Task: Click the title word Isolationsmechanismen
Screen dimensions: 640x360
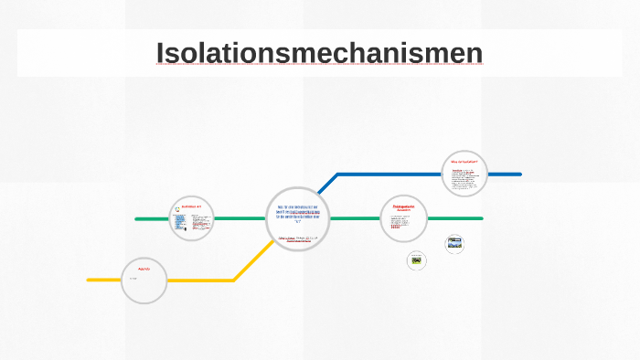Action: (x=319, y=54)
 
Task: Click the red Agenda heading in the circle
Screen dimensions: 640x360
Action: (x=143, y=270)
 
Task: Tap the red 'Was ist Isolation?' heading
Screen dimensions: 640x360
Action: (x=464, y=162)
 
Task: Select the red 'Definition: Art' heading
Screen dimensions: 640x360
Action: (x=191, y=206)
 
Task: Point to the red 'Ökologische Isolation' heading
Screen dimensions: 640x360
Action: (x=403, y=208)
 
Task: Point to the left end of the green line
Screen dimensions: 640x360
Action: (x=137, y=219)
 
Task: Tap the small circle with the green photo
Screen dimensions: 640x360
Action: (x=417, y=261)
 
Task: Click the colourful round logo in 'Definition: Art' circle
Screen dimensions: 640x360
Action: (x=176, y=209)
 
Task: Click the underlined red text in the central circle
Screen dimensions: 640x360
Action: (x=298, y=241)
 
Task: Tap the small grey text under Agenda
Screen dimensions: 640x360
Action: (x=133, y=278)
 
